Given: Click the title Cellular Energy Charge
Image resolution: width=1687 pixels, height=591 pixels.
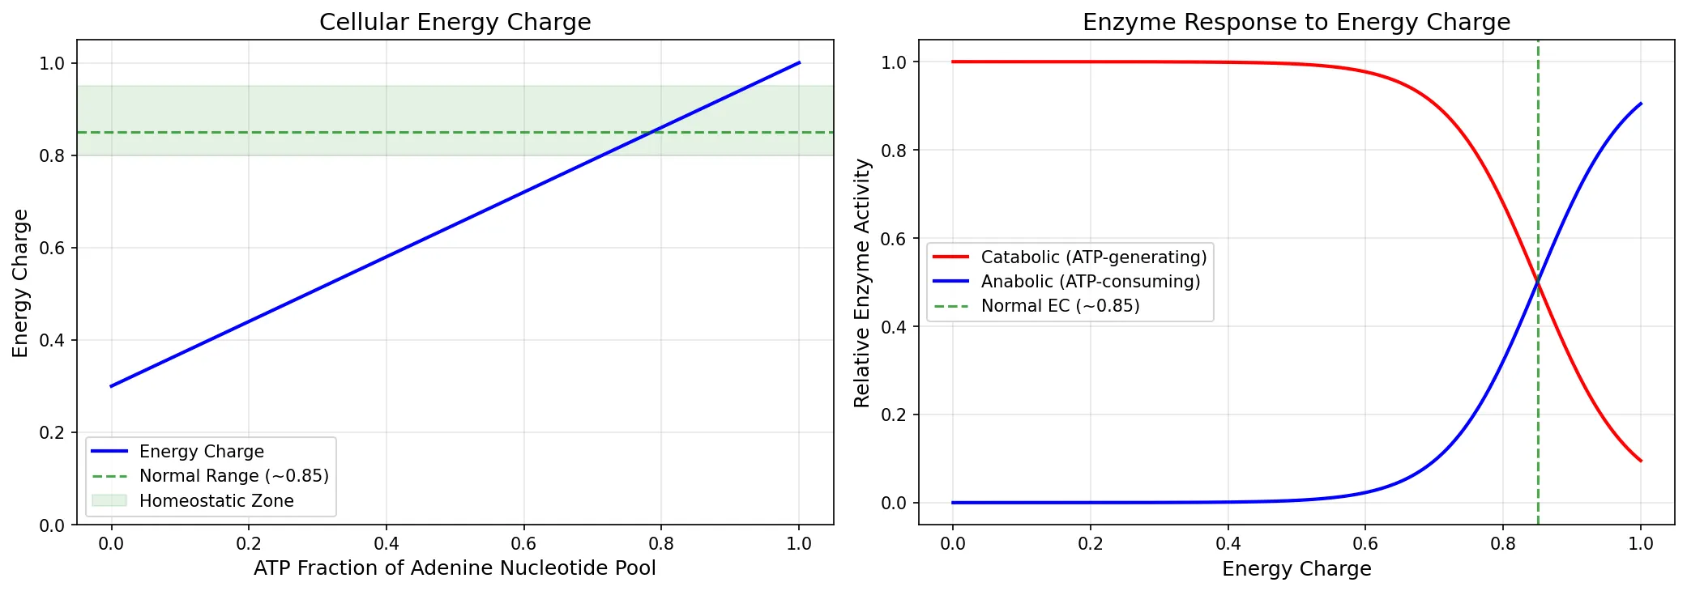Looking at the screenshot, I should [455, 22].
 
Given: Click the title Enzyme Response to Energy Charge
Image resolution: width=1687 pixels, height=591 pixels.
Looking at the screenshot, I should [1296, 22].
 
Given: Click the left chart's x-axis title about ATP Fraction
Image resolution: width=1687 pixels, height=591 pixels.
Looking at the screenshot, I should [455, 568].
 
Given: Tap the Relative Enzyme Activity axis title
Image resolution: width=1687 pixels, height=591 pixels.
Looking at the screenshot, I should [862, 283].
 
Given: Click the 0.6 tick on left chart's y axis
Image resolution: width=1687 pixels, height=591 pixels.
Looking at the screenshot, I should [52, 248].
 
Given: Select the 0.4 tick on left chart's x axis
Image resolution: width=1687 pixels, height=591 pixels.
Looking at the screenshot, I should [387, 543].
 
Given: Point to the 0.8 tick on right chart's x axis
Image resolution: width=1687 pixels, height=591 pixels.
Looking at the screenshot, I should [1503, 543].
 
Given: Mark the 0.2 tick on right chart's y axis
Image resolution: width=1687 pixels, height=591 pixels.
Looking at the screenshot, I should [894, 415].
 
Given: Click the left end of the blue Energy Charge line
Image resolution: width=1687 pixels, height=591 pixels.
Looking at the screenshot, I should [111, 386].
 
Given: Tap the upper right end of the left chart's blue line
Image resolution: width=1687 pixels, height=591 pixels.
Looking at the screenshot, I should [799, 62].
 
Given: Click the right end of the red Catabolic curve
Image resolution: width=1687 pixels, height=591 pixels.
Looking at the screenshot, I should [1641, 461].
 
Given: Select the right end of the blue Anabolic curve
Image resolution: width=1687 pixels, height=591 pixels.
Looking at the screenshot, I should [1641, 104].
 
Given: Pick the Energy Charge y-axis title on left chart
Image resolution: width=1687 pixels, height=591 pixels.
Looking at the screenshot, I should [20, 283].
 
